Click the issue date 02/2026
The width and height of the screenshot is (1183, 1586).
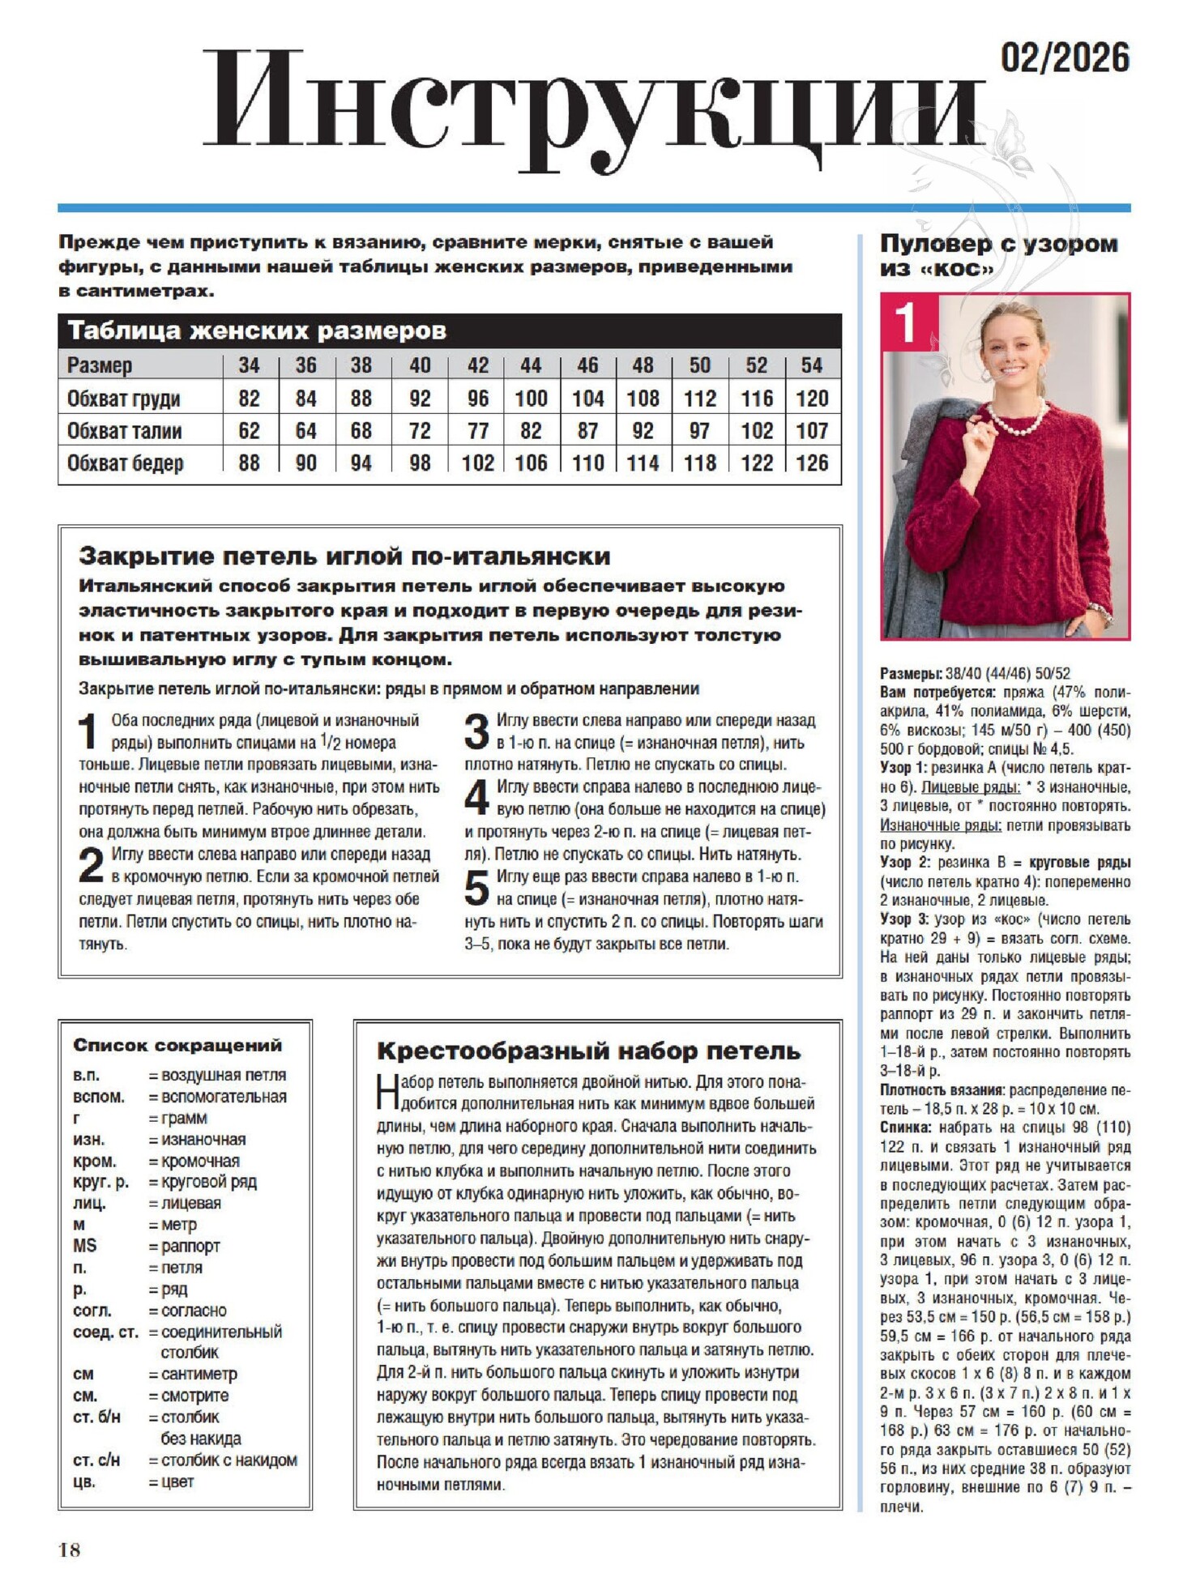pos(1064,58)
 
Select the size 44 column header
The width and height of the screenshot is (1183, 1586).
pos(530,365)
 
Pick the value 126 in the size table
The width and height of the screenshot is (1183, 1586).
pos(811,463)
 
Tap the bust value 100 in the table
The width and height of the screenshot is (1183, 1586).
pos(531,399)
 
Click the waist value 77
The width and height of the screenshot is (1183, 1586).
pos(477,431)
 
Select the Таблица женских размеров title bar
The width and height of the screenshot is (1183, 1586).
pos(449,331)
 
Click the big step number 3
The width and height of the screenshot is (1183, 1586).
pos(476,732)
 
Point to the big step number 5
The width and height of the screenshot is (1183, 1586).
pos(476,888)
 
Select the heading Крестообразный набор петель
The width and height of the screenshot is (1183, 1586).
pos(588,1051)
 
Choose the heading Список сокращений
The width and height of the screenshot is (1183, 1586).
pos(177,1045)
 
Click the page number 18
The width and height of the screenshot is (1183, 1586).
pos(70,1550)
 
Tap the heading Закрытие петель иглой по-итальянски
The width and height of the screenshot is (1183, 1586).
pos(344,556)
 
